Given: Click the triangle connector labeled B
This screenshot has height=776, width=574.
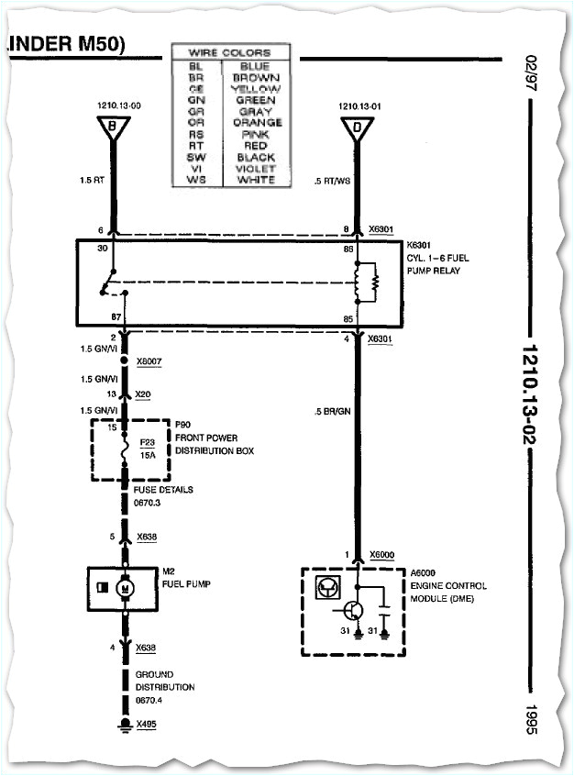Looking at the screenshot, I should coord(113,128).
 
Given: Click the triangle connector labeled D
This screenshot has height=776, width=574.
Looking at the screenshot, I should coord(358,128).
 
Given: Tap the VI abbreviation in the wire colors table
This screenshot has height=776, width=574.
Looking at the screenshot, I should coord(195,168).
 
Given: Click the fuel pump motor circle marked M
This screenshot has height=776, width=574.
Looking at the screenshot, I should coord(126,587).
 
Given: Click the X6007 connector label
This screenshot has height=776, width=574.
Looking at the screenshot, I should coord(149,362).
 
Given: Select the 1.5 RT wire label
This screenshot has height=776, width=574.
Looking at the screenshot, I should coord(93,180).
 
